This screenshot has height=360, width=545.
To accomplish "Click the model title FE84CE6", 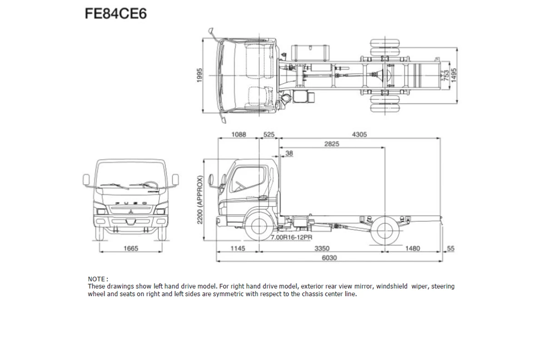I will click(116, 14).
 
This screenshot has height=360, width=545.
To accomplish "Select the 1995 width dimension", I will click(199, 75).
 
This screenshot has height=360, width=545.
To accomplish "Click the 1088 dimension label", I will click(238, 135).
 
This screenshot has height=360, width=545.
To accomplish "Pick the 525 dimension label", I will click(269, 135).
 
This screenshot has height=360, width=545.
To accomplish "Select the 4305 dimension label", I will click(359, 135).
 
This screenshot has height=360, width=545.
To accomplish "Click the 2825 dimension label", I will click(332, 144).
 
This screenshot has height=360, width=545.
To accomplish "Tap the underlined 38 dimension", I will click(289, 154).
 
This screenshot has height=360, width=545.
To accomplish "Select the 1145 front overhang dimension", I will click(238, 249).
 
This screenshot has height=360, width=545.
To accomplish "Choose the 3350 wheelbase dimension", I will click(322, 249).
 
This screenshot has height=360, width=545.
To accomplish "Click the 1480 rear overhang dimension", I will click(412, 249).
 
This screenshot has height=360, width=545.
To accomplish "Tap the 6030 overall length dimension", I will click(329, 258).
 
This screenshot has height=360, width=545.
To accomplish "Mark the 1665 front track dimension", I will click(130, 249).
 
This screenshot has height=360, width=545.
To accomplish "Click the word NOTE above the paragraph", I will click(97, 279).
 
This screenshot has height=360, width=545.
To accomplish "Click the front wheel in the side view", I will click(258, 228).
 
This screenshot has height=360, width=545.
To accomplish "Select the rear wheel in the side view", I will click(385, 230).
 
